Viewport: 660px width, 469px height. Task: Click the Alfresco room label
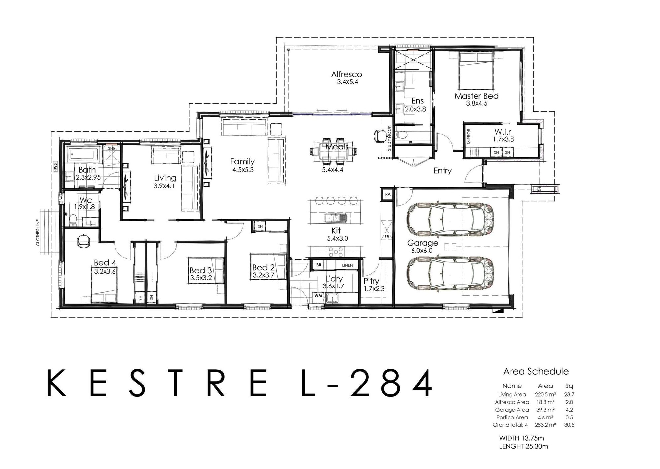(x=346, y=74)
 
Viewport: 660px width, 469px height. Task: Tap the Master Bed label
(x=476, y=96)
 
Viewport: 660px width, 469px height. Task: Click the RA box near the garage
(x=388, y=194)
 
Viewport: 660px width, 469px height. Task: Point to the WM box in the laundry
(x=318, y=296)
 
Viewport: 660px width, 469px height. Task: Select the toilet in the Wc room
(x=73, y=220)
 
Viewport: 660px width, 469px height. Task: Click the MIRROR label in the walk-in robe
(x=469, y=136)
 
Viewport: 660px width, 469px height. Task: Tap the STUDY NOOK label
(x=389, y=138)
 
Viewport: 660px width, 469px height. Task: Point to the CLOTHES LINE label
(x=38, y=233)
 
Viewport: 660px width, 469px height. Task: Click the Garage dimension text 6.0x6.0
(x=422, y=251)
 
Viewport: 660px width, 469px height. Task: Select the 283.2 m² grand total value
(x=545, y=425)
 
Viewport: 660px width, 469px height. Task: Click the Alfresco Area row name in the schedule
(x=512, y=402)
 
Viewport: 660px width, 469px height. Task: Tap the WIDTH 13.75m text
(x=521, y=438)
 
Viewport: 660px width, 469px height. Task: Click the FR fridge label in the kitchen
(x=387, y=237)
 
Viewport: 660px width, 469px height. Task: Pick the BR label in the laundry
(x=319, y=265)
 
